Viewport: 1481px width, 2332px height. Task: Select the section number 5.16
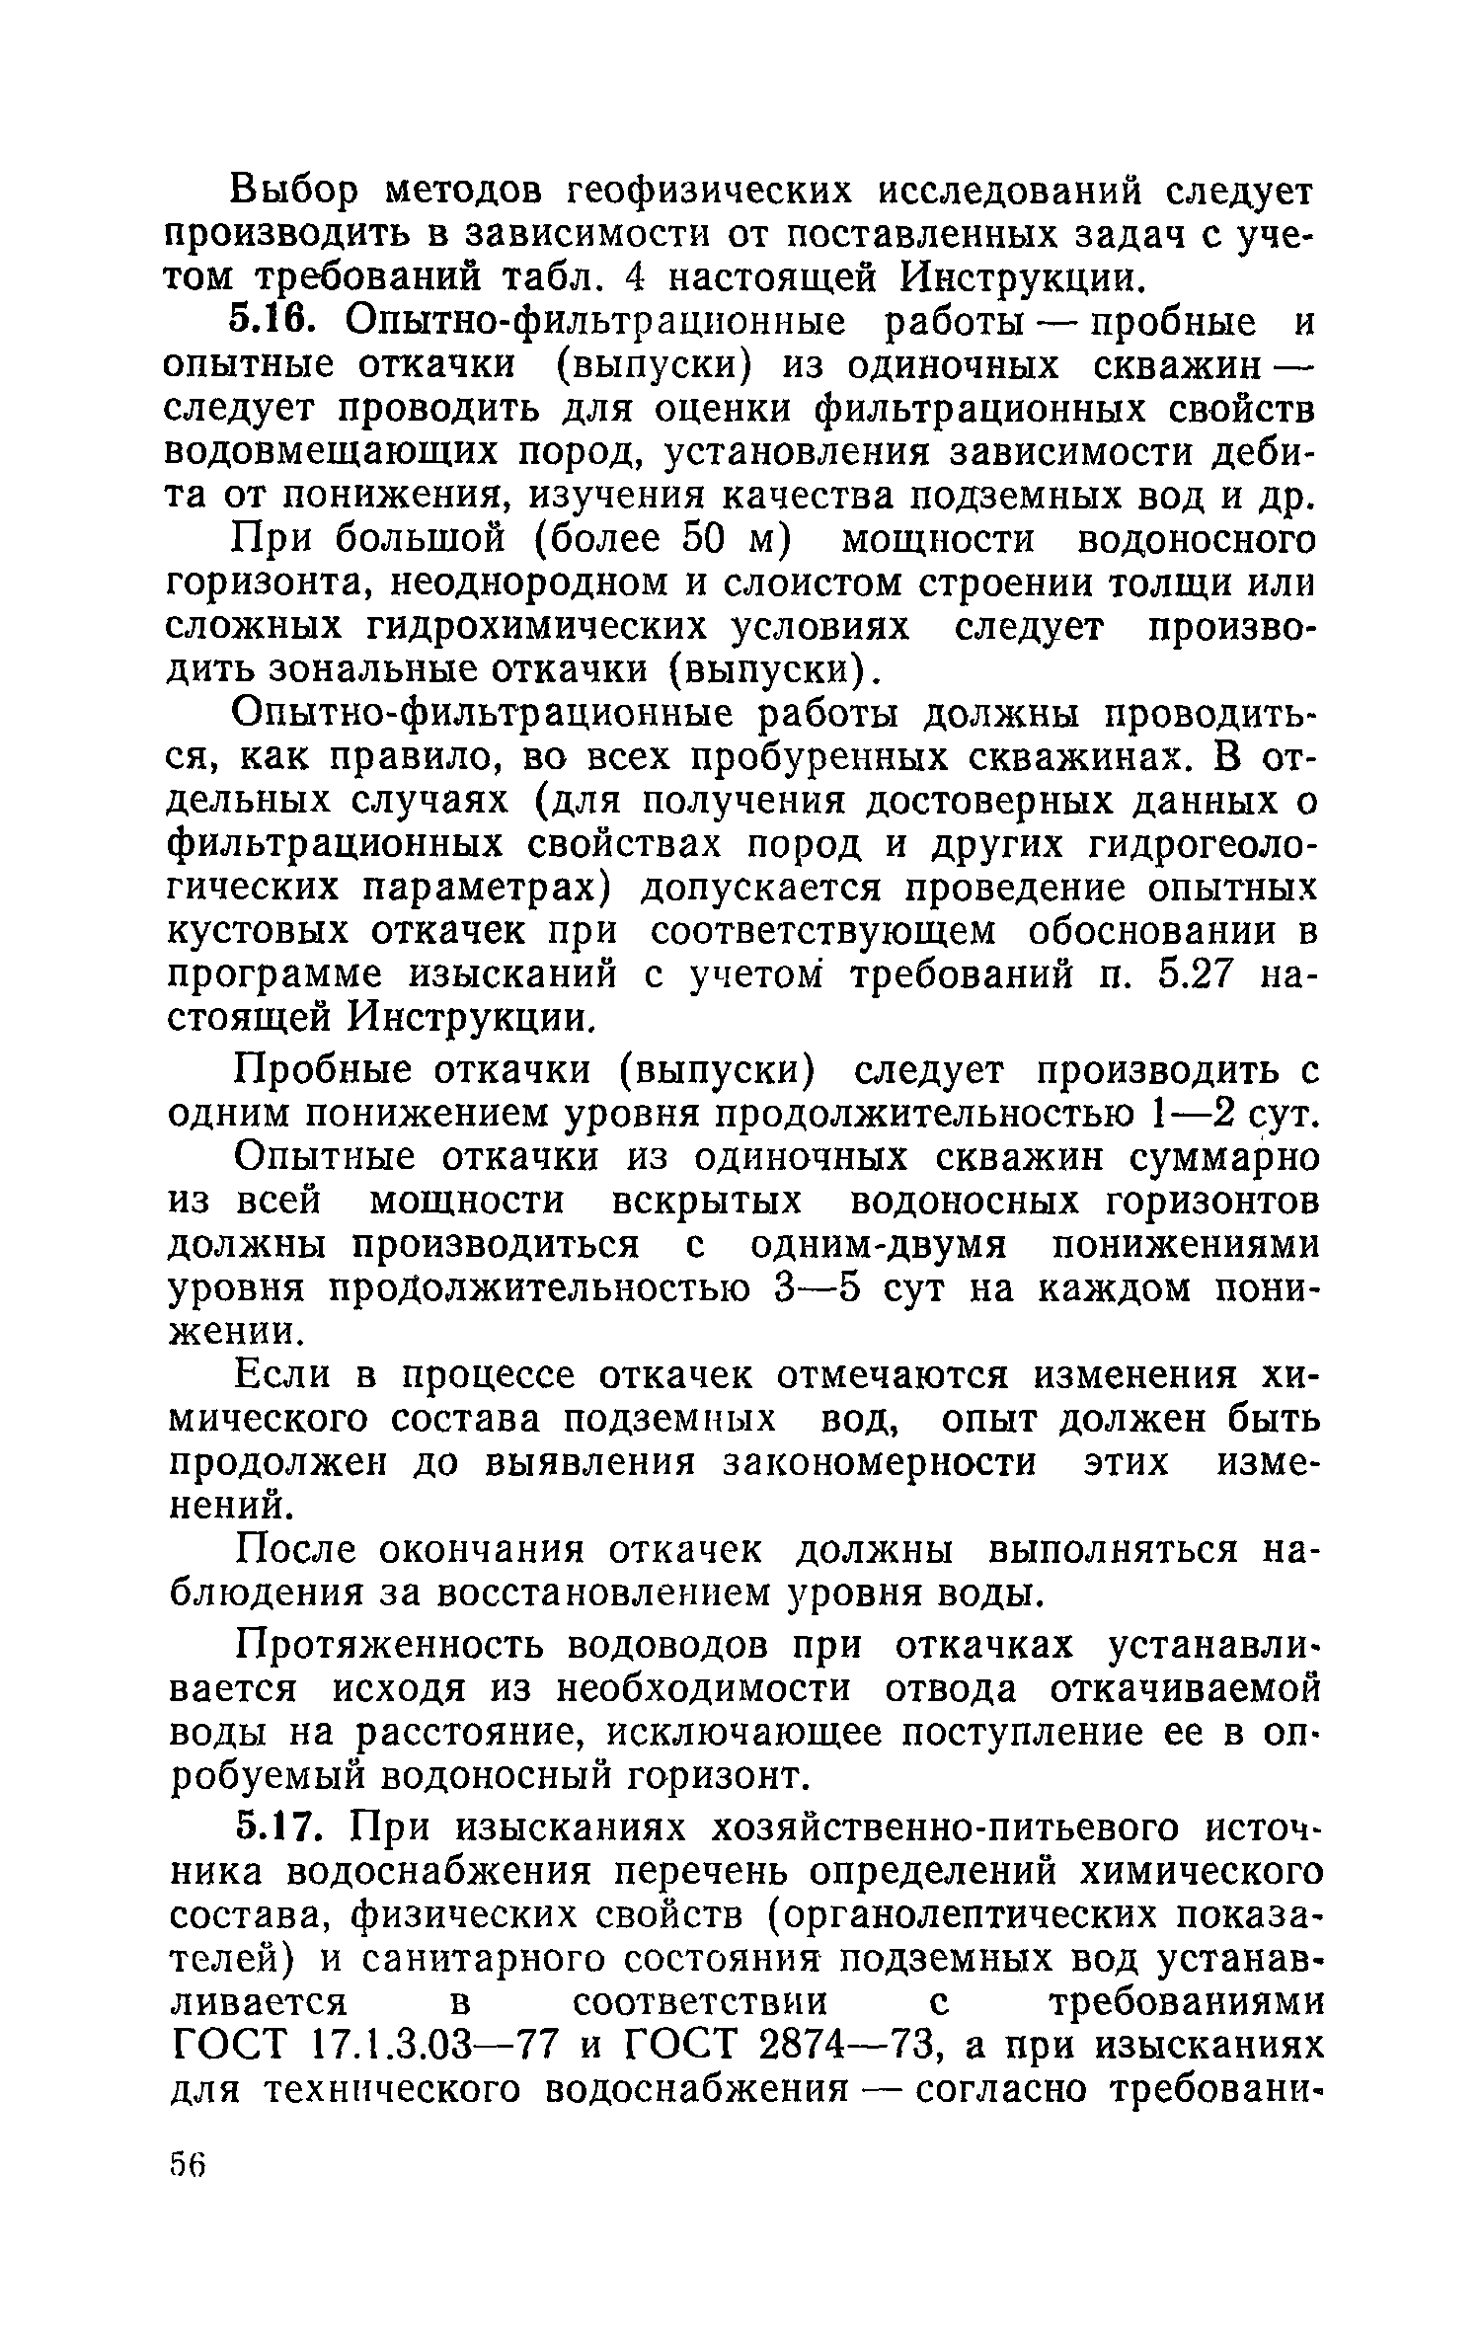(x=273, y=323)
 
